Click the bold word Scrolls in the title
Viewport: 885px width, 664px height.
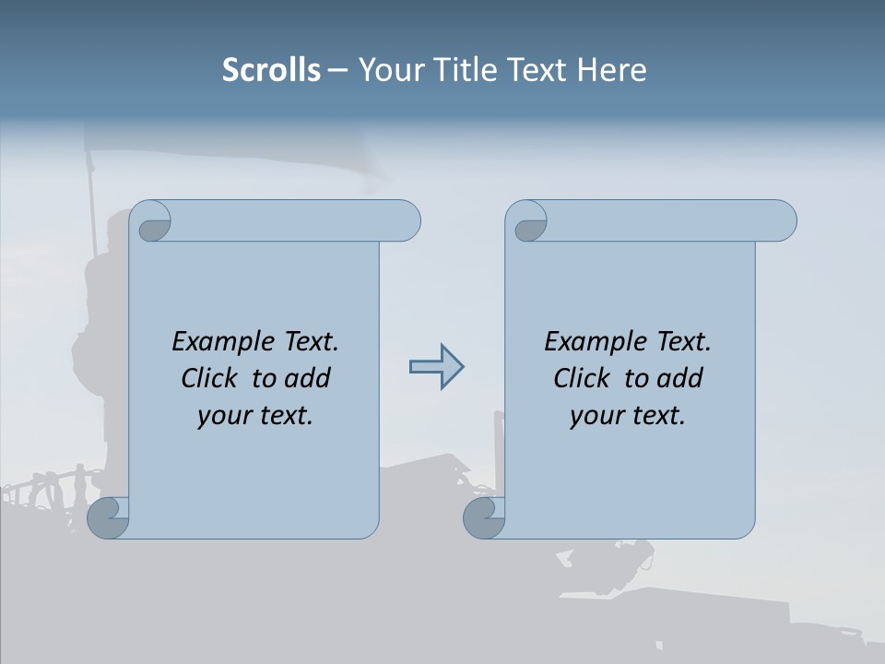pos(271,70)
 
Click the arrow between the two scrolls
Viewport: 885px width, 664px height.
pos(436,367)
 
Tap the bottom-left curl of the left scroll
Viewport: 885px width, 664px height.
pos(109,517)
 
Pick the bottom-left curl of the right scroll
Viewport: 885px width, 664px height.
pos(485,517)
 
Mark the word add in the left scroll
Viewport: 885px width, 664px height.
pos(306,378)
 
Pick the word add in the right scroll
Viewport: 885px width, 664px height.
pos(678,378)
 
